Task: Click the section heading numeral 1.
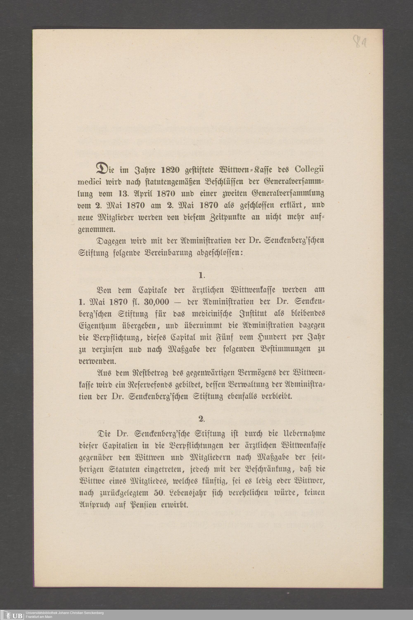coord(202,276)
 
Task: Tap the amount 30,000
coord(157,302)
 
